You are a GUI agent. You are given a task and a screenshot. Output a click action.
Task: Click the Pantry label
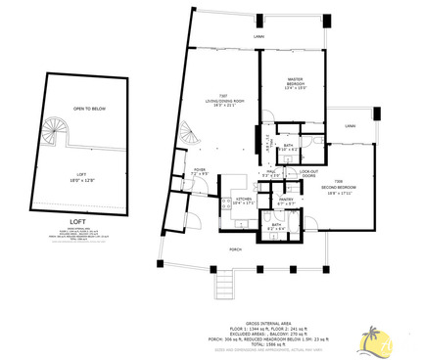coord(287,202)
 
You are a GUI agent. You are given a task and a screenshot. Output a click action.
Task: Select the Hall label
coord(271,173)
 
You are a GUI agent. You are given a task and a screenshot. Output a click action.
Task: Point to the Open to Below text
coord(89,110)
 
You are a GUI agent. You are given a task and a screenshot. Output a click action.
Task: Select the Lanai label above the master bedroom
coord(258,37)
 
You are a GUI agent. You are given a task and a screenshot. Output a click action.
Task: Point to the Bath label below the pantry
coord(279,227)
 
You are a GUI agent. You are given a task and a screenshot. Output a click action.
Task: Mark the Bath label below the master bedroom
coord(289,148)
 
